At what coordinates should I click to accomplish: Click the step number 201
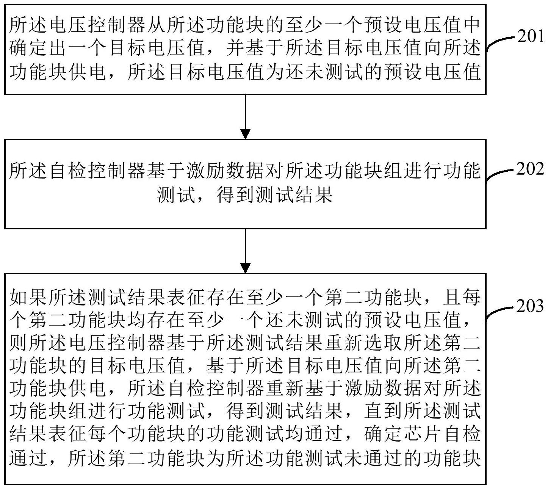coord(531,36)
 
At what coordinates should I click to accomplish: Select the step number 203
coord(530,306)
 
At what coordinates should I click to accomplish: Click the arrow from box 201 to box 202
coord(245,117)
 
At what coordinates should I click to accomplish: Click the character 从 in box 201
coord(157,25)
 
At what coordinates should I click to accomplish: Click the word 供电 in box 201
coord(88,71)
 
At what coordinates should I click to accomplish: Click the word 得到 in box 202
coord(235,195)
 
